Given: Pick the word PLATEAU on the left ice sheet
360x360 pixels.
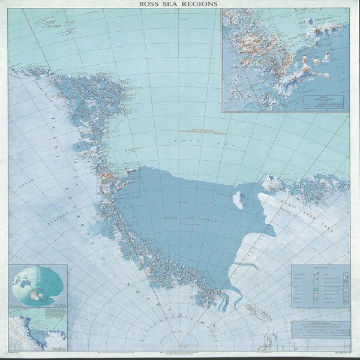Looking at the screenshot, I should [x=39, y=209].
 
